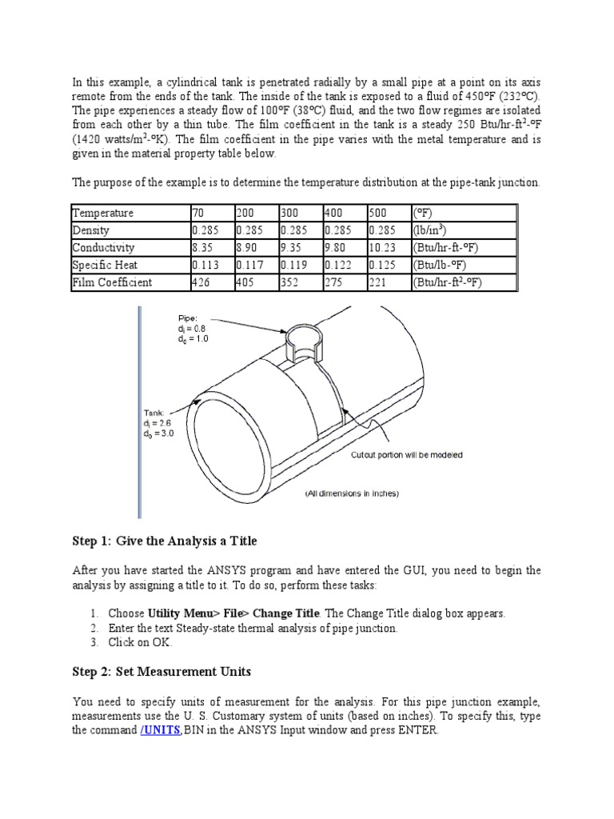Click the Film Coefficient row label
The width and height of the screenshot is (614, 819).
[112, 282]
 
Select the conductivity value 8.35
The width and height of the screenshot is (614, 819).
[204, 248]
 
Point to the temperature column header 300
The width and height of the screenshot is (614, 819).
[289, 214]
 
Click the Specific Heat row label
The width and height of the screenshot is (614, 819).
[106, 266]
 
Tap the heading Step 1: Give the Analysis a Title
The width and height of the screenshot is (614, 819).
[165, 541]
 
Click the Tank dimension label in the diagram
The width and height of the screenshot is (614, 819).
[157, 424]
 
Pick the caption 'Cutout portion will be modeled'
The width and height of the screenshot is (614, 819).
[407, 455]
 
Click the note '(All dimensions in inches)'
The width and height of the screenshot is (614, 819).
[351, 493]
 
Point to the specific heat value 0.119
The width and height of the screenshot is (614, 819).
[293, 266]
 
